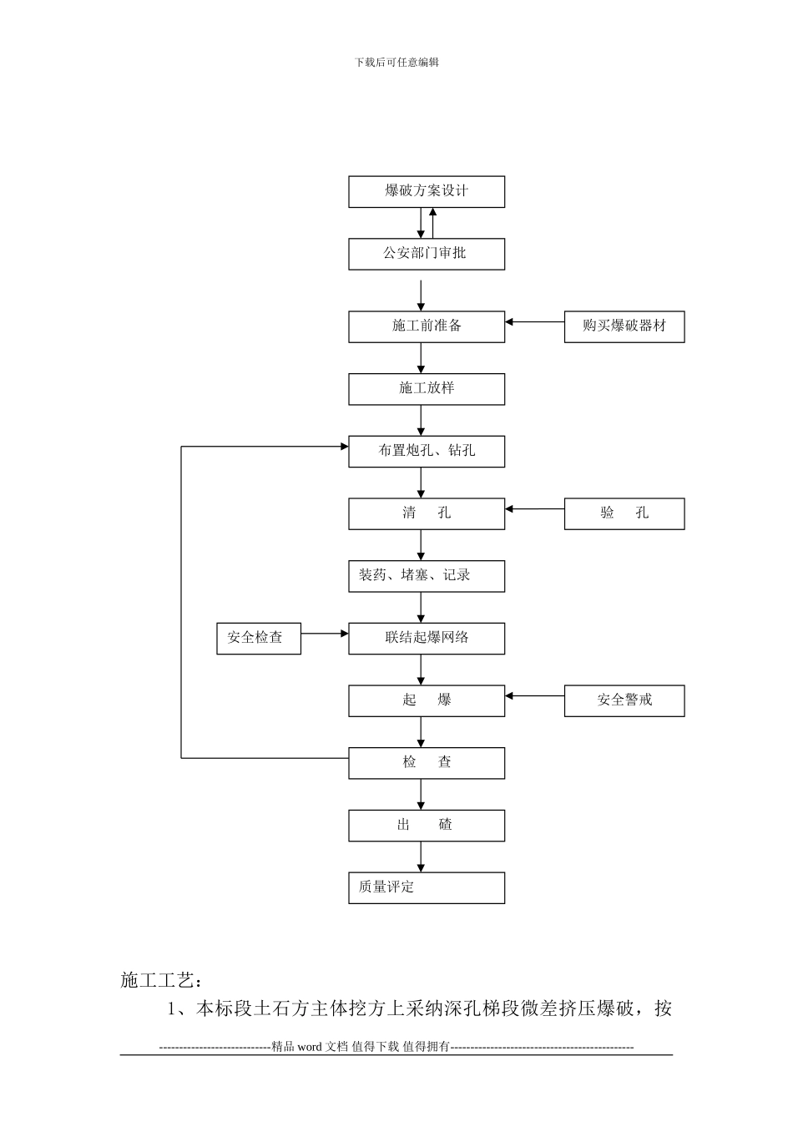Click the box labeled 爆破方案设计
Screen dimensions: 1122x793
(427, 191)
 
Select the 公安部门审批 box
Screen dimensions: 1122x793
(427, 254)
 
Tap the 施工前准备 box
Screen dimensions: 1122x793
(427, 326)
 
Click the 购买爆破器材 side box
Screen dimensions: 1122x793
(624, 326)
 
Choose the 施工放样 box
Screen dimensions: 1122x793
(427, 389)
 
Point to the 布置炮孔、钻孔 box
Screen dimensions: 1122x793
(427, 451)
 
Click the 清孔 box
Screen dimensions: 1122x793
(427, 513)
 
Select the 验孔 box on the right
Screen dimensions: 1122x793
(624, 513)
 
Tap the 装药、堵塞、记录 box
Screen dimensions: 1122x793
(427, 576)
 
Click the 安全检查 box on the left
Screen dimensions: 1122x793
(258, 638)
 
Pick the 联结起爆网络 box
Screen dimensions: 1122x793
(427, 638)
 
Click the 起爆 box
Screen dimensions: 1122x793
(427, 700)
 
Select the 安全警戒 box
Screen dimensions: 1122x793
(624, 700)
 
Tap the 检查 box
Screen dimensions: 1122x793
(427, 762)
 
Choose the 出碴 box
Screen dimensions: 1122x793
(427, 825)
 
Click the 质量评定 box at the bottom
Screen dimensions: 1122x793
(427, 887)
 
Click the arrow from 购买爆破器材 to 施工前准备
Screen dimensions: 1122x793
(535, 321)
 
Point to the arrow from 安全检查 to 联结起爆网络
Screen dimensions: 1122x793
(325, 633)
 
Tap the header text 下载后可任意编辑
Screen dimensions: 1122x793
(396, 62)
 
